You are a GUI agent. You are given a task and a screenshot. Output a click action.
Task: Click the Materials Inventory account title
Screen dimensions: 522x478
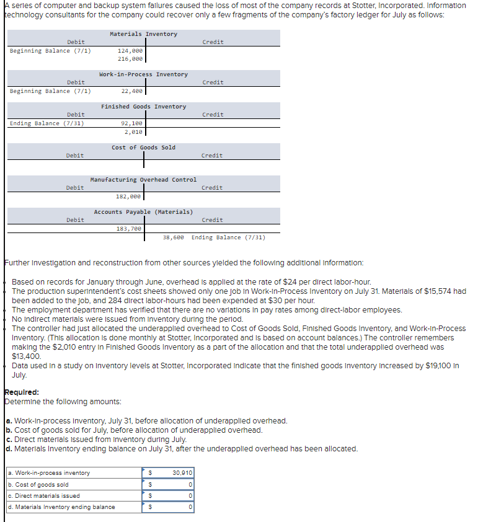[143, 34]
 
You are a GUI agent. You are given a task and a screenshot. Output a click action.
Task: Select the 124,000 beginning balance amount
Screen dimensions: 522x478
[130, 51]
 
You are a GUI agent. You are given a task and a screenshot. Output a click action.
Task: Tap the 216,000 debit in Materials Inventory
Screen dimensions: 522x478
[130, 59]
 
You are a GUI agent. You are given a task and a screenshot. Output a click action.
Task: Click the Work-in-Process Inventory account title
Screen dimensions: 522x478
[143, 74]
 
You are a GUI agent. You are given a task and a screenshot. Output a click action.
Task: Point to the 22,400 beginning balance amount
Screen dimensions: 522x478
[132, 91]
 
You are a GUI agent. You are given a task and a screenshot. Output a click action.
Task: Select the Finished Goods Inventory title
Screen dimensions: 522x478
[143, 107]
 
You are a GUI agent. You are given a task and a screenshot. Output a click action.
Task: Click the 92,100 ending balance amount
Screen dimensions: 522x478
[132, 123]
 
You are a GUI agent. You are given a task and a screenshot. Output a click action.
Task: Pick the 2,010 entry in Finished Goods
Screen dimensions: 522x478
[133, 131]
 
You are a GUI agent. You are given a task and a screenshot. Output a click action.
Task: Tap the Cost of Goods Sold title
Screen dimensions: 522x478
[143, 148]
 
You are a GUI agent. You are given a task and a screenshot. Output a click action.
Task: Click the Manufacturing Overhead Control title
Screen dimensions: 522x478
[143, 180]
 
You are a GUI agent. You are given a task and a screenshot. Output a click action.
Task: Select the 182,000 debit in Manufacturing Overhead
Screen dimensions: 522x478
[129, 197]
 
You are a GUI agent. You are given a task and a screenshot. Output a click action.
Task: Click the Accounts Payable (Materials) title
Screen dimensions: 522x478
[143, 212]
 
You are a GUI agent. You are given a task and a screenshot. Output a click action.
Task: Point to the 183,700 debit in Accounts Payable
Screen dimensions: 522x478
[129, 229]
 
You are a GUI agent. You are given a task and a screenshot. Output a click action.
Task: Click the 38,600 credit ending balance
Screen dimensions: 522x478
[174, 237]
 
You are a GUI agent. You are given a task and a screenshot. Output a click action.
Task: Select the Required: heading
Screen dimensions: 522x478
[21, 392]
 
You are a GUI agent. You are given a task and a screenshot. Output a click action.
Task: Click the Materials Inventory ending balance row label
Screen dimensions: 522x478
[61, 507]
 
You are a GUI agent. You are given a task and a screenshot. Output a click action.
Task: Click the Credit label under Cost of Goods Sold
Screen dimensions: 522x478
[213, 156]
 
